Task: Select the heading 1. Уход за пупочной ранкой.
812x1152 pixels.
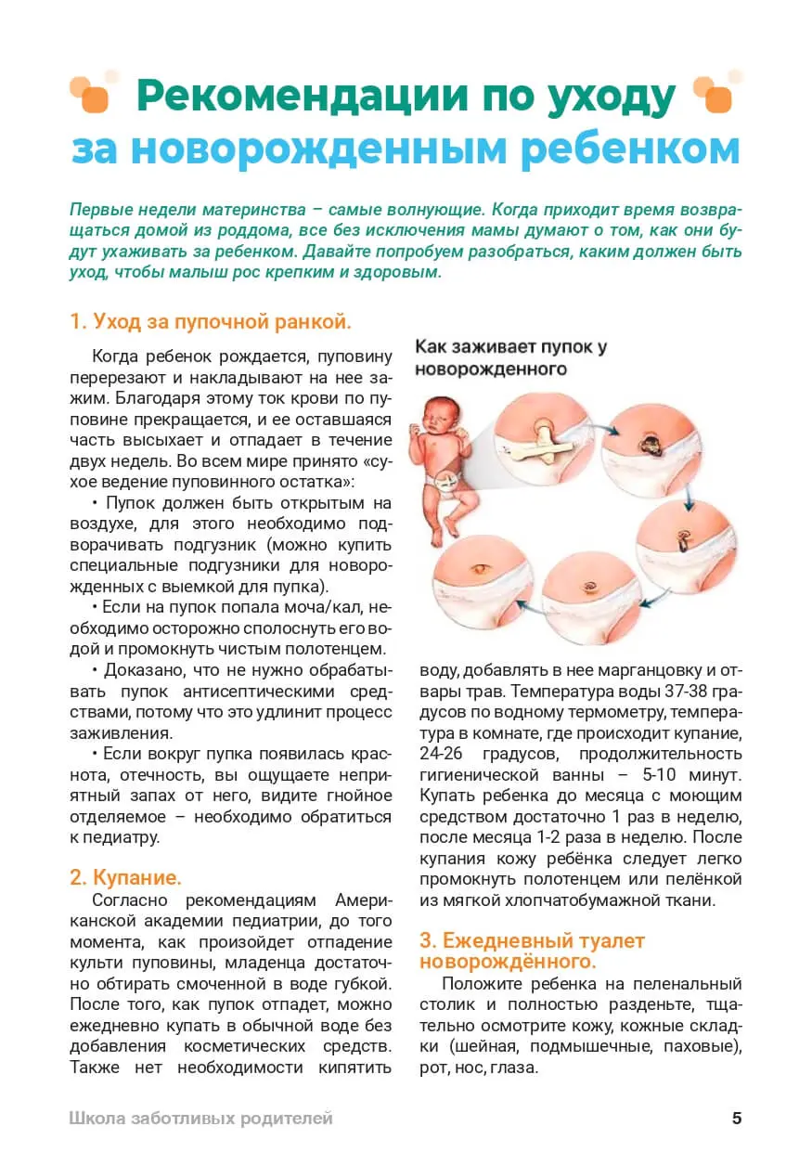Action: pos(211,322)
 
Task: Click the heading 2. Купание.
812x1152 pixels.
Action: pos(125,877)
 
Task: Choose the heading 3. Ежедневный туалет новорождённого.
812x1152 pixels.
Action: pos(532,950)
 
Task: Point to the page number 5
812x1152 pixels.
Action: pos(737,1118)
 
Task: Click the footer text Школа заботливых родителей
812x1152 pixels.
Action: pos(200,1119)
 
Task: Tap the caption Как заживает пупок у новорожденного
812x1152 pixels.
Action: pos(510,357)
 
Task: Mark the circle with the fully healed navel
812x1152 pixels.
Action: pos(481,585)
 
